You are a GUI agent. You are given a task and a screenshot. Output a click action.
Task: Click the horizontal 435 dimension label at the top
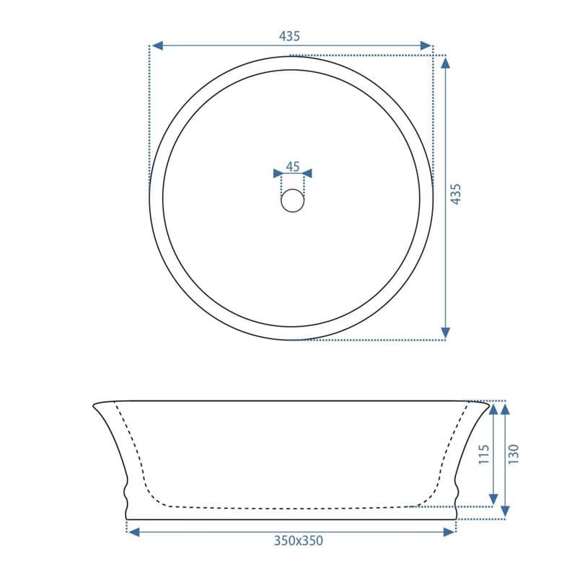290,36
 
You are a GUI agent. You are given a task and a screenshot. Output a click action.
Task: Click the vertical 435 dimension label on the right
456,194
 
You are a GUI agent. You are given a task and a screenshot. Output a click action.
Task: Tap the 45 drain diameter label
293,167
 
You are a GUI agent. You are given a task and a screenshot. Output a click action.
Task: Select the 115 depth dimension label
484,454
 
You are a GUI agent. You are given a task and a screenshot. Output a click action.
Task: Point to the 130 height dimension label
514,454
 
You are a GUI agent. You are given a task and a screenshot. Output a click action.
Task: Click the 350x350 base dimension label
299,540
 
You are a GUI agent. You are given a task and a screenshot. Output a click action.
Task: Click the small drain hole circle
293,201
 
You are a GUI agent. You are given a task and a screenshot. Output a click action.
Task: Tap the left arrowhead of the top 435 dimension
157,45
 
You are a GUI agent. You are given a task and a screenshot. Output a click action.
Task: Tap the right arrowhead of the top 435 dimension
426,45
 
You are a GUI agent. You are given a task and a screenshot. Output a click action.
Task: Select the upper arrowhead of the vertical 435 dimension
445,63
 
